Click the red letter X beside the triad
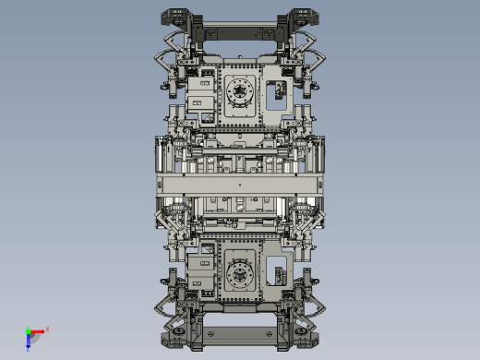click(x=47, y=329)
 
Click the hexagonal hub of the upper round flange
click(x=240, y=91)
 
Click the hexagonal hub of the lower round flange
click(x=240, y=273)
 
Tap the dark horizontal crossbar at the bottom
click(x=240, y=330)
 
